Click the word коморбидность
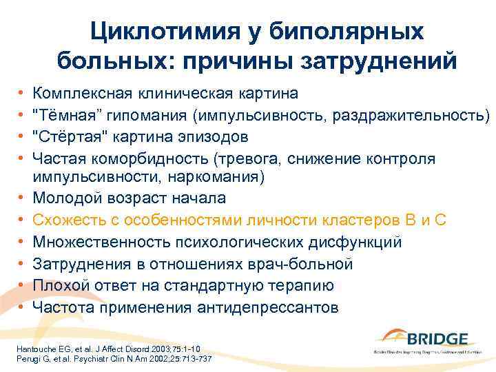point(153,158)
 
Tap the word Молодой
point(70,198)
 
